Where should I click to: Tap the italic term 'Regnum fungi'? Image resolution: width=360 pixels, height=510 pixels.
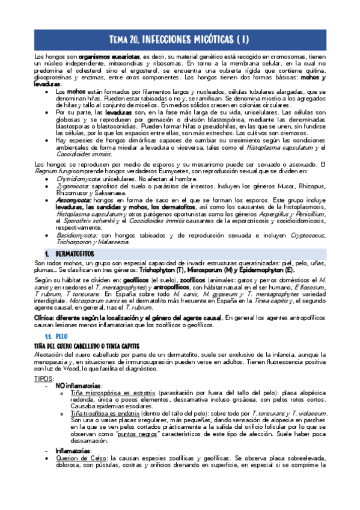pos(38,171)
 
